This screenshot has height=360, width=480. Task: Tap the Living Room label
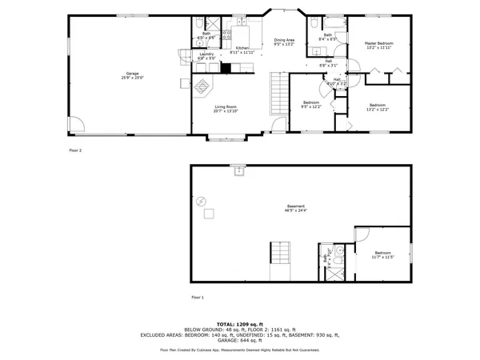(x=225, y=108)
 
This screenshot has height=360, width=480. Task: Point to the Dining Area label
(x=284, y=42)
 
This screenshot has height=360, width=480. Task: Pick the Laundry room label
(x=207, y=56)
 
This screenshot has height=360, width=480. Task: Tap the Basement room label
(x=295, y=208)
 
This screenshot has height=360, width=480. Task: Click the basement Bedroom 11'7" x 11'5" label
(x=382, y=255)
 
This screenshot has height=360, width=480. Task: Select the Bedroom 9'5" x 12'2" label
(x=310, y=104)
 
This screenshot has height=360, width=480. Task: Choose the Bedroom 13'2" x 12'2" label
(x=378, y=107)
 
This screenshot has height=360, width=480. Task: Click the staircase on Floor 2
(x=278, y=84)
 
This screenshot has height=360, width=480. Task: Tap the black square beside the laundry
(x=226, y=68)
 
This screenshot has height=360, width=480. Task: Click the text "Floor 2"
(x=74, y=150)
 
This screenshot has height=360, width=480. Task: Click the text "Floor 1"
(x=198, y=297)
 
